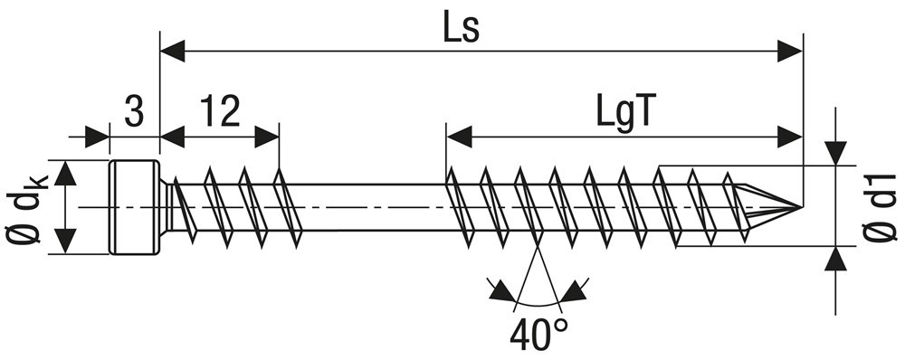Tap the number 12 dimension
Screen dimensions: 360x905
pyautogui.click(x=219, y=111)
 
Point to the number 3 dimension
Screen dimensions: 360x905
pyautogui.click(x=134, y=111)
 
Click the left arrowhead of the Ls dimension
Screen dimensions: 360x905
pyautogui.click(x=173, y=52)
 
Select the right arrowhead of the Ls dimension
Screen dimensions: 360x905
pyautogui.click(x=790, y=52)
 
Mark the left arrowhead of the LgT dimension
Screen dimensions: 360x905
pyautogui.click(x=460, y=137)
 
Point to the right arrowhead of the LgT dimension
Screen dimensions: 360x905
pyautogui.click(x=790, y=137)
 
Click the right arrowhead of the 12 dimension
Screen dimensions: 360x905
pyautogui.click(x=266, y=137)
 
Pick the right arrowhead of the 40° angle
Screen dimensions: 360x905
pyautogui.click(x=572, y=291)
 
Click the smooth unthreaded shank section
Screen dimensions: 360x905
pyautogui.click(x=371, y=208)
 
